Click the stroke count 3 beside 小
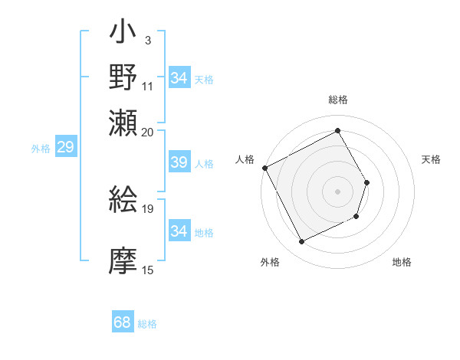pyautogui.click(x=147, y=41)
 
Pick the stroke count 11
pyautogui.click(x=148, y=85)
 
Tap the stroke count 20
pyautogui.click(x=148, y=131)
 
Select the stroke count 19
pyautogui.click(x=148, y=208)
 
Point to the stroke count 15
pyautogui.click(x=148, y=270)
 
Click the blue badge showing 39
pyautogui.click(x=179, y=162)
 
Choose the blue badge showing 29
pyautogui.click(x=65, y=147)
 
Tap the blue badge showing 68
pyautogui.click(x=123, y=322)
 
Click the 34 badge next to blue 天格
pyautogui.click(x=179, y=78)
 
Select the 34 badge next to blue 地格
pyautogui.click(x=179, y=231)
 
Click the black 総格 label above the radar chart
pyautogui.click(x=337, y=100)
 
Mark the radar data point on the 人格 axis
pyautogui.click(x=264, y=168)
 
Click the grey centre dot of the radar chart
pyautogui.click(x=337, y=191)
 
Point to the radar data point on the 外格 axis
pyautogui.click(x=301, y=242)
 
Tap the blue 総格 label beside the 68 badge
pyautogui.click(x=147, y=324)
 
